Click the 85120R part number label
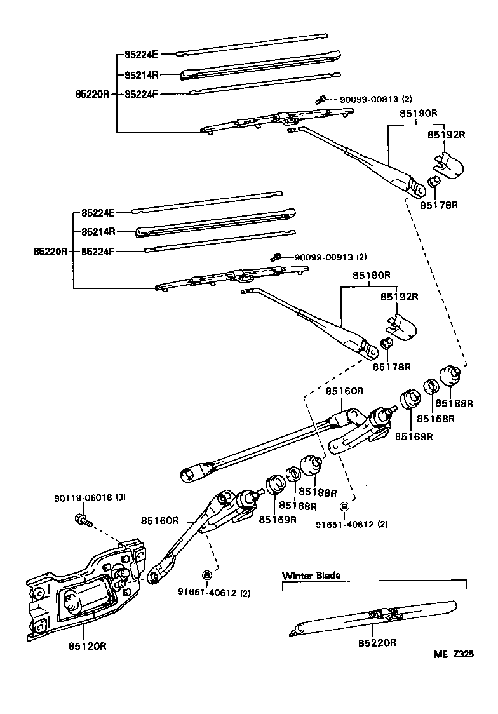click(87, 646)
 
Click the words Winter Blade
click(311, 576)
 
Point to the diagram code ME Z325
click(454, 655)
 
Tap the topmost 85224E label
click(141, 55)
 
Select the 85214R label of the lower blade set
click(98, 232)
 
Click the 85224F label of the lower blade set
click(98, 251)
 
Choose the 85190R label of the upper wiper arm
click(418, 113)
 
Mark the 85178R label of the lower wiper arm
click(392, 367)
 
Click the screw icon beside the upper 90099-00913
click(322, 99)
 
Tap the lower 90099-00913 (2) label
click(330, 257)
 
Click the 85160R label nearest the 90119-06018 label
click(160, 520)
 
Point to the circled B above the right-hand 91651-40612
click(344, 506)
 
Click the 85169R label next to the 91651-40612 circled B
click(278, 520)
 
